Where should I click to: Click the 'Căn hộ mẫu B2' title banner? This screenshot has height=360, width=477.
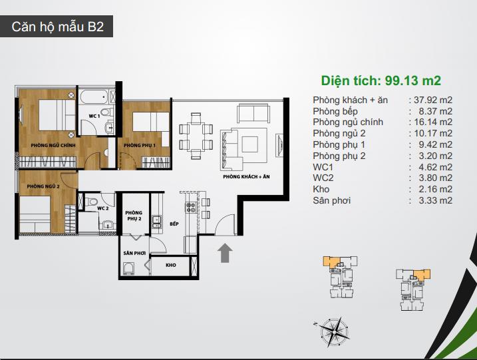point(57,27)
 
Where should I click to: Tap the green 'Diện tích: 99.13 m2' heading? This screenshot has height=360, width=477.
point(381,81)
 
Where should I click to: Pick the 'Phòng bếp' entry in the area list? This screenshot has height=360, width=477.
point(335,112)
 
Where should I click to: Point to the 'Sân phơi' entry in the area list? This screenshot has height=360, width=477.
point(331,200)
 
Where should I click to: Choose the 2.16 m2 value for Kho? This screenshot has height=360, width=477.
point(435,189)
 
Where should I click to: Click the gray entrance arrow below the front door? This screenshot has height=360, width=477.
point(225,253)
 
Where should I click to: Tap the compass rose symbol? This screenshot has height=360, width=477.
point(334,331)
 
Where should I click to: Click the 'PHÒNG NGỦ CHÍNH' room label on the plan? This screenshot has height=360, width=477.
point(53,146)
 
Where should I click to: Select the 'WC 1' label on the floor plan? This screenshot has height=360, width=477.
point(94,116)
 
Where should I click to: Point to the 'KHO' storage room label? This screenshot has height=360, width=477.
point(171,265)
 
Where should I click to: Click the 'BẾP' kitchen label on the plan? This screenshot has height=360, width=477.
point(174,224)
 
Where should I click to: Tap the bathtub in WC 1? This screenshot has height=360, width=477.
point(94,97)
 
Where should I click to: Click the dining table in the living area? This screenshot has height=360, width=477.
point(196,136)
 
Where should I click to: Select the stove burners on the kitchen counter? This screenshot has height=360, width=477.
point(191,208)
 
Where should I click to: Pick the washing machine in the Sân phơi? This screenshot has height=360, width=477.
point(128,269)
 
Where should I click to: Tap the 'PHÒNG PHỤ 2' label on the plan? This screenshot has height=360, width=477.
point(134,216)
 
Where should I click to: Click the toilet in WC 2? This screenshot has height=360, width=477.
point(91,202)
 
